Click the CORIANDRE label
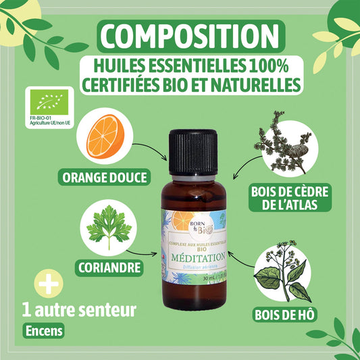point(112,267)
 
